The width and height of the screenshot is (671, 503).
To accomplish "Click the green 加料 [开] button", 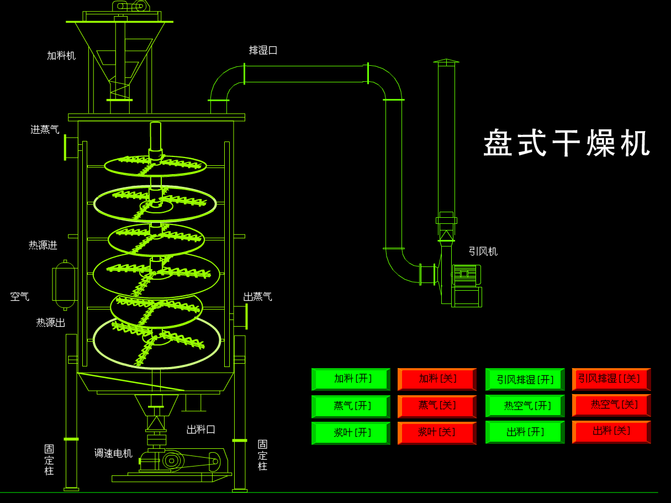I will (x=351, y=379).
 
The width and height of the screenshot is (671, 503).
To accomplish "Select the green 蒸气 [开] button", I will (x=351, y=406).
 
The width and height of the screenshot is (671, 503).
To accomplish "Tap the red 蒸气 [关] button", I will (x=436, y=406).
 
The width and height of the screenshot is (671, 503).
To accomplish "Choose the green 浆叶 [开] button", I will (x=351, y=432).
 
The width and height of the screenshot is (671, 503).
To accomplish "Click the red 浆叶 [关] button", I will (x=436, y=432).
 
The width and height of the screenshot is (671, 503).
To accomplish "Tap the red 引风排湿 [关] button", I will (x=611, y=379).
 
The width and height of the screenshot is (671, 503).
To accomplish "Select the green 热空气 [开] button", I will (x=525, y=406).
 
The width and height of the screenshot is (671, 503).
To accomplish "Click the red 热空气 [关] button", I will (x=611, y=405).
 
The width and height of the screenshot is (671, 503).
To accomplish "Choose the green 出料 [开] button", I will (x=525, y=432).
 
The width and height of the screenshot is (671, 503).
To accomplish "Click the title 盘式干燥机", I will (x=567, y=144).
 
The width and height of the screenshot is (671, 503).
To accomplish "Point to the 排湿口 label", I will (x=263, y=50).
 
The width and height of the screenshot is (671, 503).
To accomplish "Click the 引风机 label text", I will (x=483, y=252).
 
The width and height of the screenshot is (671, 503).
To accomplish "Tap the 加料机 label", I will (x=61, y=55).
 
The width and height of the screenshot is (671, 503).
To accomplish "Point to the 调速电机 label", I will (x=113, y=453).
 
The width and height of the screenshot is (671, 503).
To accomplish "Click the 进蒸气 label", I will (x=45, y=129).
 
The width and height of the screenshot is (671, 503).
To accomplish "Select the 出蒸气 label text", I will (x=257, y=297).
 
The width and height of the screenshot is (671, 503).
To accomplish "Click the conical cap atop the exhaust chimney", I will (x=446, y=61).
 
